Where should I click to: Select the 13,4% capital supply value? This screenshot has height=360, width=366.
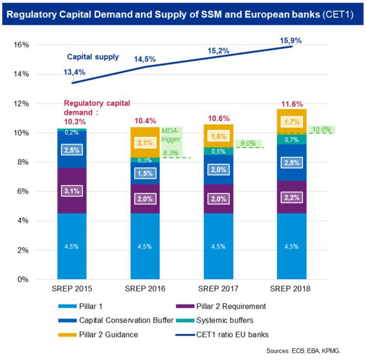(x=74, y=72)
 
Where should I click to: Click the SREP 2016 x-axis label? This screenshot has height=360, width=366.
(x=145, y=288)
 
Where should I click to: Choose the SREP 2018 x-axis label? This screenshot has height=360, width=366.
(x=292, y=288)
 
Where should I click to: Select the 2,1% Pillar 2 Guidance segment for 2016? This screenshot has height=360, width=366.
(x=145, y=142)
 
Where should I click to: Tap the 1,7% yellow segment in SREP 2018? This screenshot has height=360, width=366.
(x=292, y=121)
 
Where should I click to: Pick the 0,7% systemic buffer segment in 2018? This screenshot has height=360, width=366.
(x=292, y=140)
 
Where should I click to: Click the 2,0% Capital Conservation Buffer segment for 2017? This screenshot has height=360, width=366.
(x=218, y=169)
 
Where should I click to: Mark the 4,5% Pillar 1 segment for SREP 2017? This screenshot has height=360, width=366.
(x=218, y=246)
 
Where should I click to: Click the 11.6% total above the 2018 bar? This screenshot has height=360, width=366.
(x=292, y=104)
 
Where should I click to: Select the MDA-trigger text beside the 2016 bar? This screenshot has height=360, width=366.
(x=171, y=135)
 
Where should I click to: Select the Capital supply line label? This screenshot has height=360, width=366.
(x=93, y=56)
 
